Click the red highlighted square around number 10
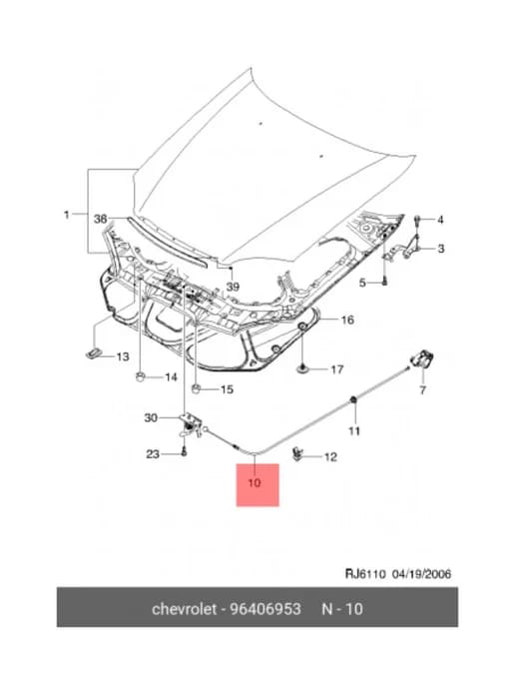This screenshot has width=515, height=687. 257,485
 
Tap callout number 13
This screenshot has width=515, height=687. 123,356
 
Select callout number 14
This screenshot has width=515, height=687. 171,377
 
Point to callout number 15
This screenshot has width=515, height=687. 227,389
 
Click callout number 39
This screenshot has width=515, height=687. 233,287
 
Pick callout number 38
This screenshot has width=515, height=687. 101,219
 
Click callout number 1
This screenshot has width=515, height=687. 67,215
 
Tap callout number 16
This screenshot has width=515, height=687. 347,321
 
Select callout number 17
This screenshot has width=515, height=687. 336,369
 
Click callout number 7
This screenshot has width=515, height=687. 422,389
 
